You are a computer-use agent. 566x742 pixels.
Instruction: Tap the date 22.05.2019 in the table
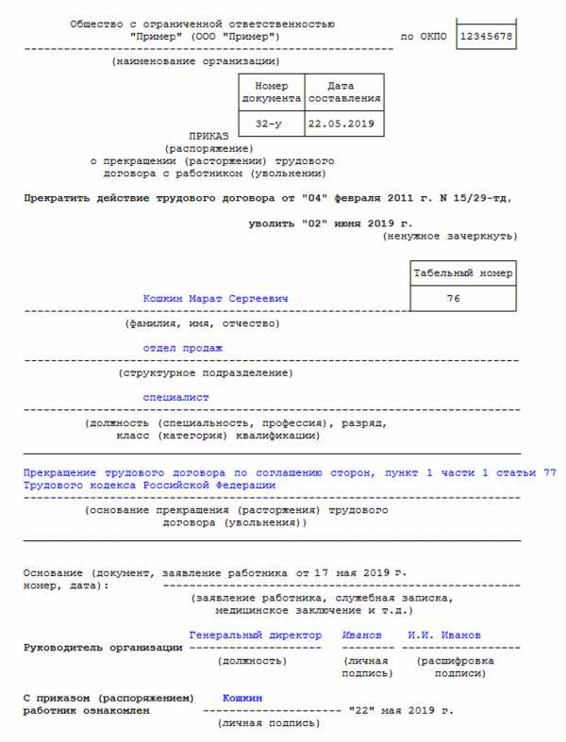(x=344, y=124)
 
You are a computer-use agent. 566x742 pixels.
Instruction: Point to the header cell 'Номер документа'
(x=272, y=91)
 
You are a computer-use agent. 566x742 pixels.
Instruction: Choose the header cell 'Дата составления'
(x=344, y=91)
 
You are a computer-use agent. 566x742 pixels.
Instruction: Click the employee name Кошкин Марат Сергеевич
(x=215, y=299)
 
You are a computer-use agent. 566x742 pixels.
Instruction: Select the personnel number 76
(x=464, y=299)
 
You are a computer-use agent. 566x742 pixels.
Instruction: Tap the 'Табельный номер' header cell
(x=464, y=273)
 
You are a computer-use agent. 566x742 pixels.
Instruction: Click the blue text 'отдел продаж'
(x=182, y=348)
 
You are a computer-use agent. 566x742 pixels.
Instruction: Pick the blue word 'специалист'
(x=175, y=398)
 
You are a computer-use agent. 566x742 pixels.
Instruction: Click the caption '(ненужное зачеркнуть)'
(x=449, y=236)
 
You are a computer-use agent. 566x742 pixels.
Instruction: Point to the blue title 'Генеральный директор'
(x=255, y=635)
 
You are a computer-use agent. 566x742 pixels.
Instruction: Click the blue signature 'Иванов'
(x=362, y=635)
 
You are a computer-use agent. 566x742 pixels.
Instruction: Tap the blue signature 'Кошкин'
(x=242, y=698)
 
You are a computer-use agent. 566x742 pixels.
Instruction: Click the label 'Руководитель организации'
(x=103, y=648)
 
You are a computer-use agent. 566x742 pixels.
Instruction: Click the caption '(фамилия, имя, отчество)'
(x=202, y=323)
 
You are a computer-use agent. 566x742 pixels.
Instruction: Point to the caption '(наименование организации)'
(x=195, y=61)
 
